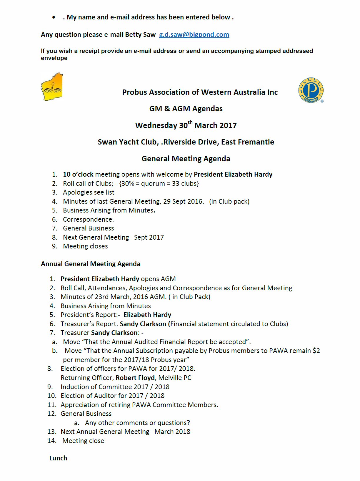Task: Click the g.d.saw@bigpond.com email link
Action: coord(194,35)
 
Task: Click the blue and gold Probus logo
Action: coord(311,90)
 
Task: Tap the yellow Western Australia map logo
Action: coord(52,87)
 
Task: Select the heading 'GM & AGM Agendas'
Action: coord(186,109)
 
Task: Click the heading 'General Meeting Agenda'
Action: coord(186,159)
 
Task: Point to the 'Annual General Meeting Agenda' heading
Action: coord(91,264)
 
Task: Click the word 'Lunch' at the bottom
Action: coord(58,458)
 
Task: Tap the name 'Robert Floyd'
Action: coord(135,378)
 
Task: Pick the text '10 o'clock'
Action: coord(78,174)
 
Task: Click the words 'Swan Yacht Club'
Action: coord(128,142)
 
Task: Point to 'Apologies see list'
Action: coord(89,192)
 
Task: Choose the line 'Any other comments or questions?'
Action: coord(137,423)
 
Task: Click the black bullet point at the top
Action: coord(54,17)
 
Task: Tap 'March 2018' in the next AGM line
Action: coord(172,432)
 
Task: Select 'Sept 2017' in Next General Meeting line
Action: coord(149,237)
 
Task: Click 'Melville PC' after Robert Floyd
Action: coord(175,378)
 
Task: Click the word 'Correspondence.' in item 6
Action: coord(88,219)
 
